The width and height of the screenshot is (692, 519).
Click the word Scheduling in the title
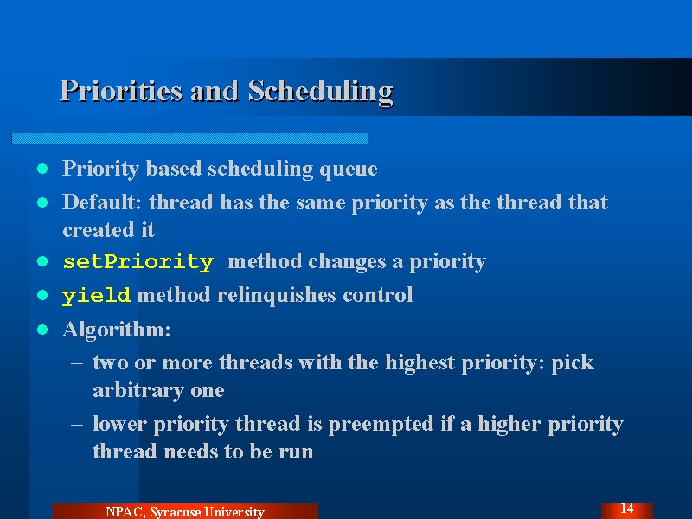[x=320, y=93]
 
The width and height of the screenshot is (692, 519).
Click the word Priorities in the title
[x=121, y=91]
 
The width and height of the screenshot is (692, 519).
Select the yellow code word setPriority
[x=138, y=262]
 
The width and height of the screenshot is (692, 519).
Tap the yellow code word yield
[x=96, y=296]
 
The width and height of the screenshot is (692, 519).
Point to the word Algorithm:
[x=117, y=330]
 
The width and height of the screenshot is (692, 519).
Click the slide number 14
[x=626, y=509]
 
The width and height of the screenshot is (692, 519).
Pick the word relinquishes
[x=276, y=295]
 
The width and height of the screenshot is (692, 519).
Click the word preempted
[x=381, y=425]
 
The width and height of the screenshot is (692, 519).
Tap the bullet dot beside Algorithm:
[x=42, y=330]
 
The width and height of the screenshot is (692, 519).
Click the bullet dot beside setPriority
[x=42, y=261]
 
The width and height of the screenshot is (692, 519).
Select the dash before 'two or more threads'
[x=77, y=363]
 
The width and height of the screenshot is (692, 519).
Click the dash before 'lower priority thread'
[x=77, y=424]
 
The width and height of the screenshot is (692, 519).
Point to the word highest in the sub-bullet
[x=420, y=363]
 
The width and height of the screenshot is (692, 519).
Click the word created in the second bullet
[x=98, y=230]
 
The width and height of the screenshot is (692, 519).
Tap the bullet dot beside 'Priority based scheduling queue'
[x=42, y=169]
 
